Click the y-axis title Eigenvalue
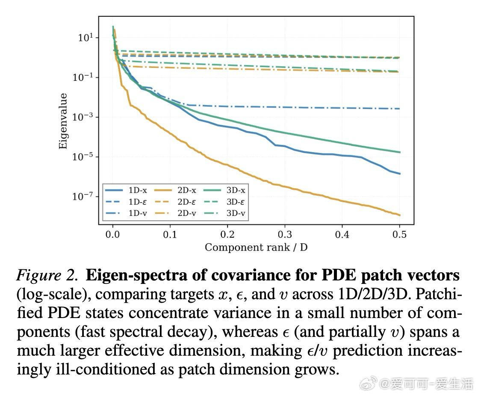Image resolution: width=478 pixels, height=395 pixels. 63,121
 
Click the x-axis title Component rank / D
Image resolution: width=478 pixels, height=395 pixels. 256,247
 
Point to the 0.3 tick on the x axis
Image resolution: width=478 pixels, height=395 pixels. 285,234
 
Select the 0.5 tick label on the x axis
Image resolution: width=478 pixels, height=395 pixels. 400,234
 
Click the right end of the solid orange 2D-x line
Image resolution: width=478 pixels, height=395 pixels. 400,215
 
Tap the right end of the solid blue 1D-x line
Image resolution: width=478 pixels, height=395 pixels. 400,174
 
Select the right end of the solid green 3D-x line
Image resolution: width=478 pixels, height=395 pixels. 400,152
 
